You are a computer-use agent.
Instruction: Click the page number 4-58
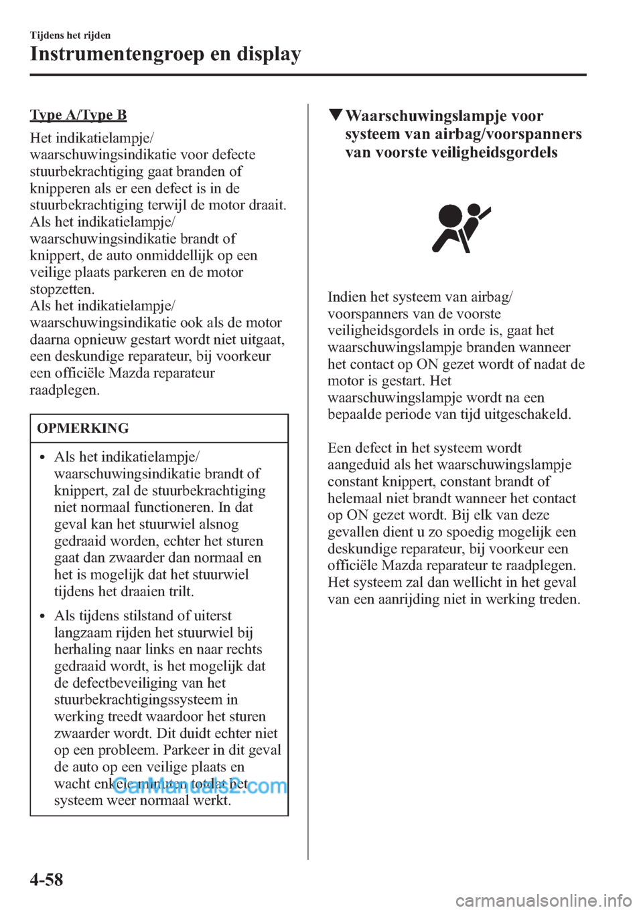coord(46,879)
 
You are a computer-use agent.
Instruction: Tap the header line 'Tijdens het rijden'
coord(70,35)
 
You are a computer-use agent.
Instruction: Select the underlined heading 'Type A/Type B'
coord(78,114)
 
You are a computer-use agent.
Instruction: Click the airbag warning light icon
coord(461,227)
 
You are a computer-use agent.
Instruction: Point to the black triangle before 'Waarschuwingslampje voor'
coord(335,116)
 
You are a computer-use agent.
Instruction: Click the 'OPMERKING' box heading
coord(83,428)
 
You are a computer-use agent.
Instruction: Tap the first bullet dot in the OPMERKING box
coord(42,458)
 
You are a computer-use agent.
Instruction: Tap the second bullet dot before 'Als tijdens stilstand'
coord(42,617)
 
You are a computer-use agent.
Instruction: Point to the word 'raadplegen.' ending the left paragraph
coord(64,389)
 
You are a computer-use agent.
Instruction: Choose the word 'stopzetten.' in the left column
coord(62,289)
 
